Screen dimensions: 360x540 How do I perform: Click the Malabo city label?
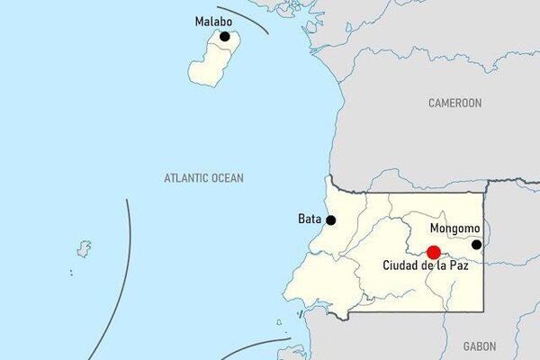[213, 21]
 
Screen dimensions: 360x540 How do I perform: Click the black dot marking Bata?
[331, 220]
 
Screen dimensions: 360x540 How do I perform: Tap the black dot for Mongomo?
[477, 244]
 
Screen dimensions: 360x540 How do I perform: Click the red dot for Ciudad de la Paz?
[433, 253]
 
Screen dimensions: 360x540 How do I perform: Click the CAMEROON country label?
[454, 103]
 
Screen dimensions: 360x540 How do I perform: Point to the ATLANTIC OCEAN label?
[203, 178]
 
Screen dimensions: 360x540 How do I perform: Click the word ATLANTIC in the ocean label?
[186, 178]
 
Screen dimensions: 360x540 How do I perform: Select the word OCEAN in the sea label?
[227, 178]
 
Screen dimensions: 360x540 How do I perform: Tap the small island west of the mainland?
[85, 247]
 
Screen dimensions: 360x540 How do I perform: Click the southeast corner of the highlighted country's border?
[482, 311]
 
